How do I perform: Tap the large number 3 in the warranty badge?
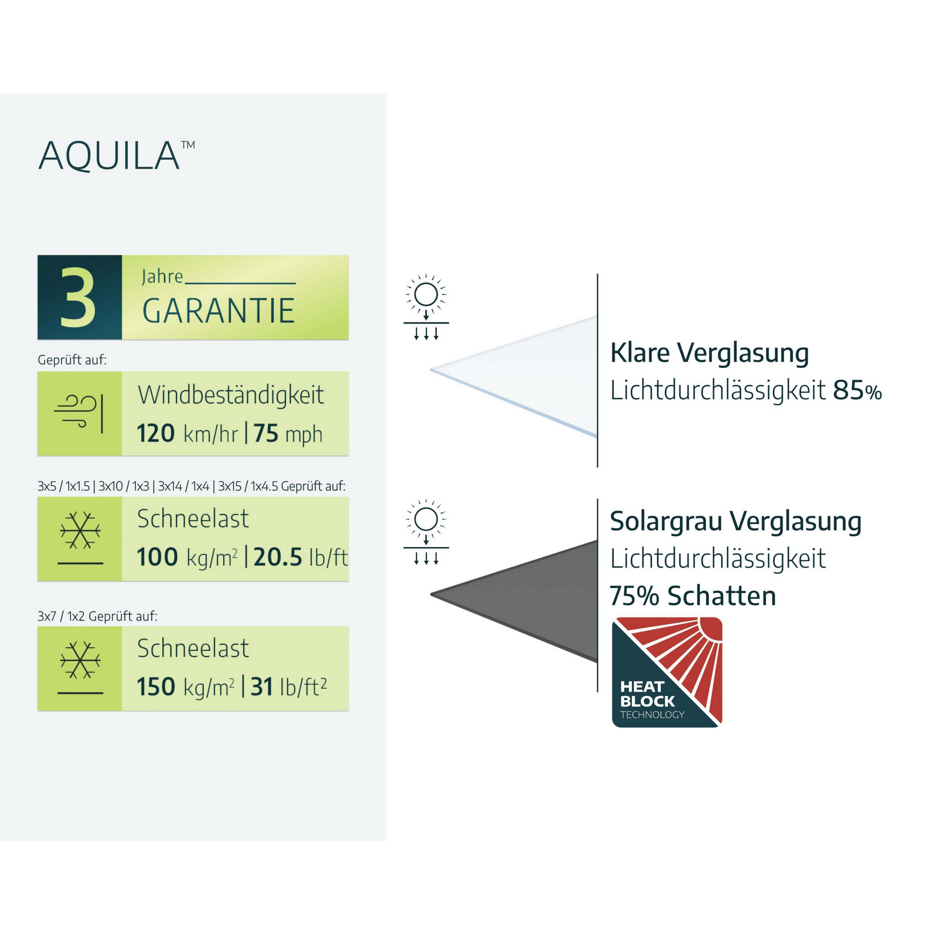pos(79,297)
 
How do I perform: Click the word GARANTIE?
pos(218,311)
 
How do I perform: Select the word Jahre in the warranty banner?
pos(162,277)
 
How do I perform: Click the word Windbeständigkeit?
pos(231,395)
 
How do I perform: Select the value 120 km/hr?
pos(187,433)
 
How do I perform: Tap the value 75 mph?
pos(288,433)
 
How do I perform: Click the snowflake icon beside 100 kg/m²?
pos(80,531)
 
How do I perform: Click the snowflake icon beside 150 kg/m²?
pos(80,660)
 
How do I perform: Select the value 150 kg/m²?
pos(185,686)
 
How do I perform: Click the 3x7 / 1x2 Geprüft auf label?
pos(97,616)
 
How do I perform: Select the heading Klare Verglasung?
pos(709,353)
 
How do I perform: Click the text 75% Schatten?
pos(692,595)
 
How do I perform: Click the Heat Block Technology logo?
pos(667,672)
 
